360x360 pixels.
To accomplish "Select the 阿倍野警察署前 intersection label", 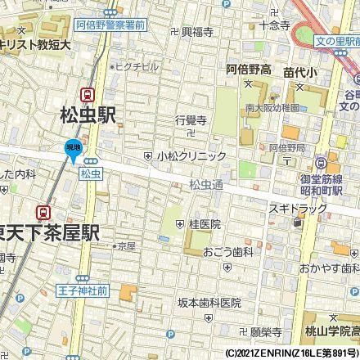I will pyautogui.click(x=110, y=25).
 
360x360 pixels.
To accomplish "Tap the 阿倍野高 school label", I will pyautogui.click(x=249, y=71).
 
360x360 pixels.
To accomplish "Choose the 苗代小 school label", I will pyautogui.click(x=299, y=71).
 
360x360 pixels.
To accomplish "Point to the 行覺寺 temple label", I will pyautogui.click(x=190, y=119).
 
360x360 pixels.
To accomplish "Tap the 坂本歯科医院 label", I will pyautogui.click(x=210, y=302).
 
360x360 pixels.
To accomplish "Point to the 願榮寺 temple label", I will pyautogui.click(x=265, y=333).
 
